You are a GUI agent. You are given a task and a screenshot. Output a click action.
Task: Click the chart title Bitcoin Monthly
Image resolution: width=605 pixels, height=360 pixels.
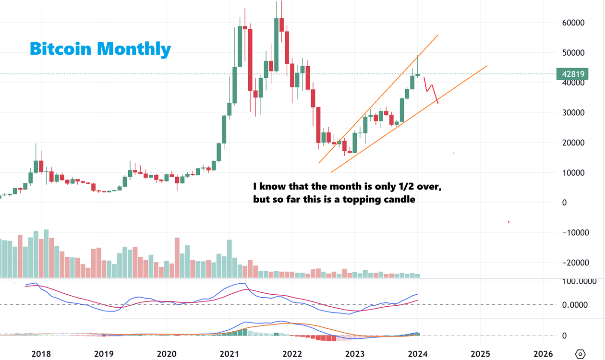(100, 48)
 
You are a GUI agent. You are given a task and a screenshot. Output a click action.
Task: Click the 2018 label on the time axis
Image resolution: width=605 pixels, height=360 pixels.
(41, 354)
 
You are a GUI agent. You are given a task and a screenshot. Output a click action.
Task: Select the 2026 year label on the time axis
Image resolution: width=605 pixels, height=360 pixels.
(543, 354)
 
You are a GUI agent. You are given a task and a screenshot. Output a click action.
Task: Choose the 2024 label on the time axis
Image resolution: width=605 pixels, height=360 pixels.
(417, 354)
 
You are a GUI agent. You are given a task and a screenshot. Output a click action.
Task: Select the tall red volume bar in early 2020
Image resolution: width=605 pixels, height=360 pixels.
(177, 257)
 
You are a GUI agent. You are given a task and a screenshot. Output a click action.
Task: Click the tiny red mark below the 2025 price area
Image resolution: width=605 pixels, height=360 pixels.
(509, 222)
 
